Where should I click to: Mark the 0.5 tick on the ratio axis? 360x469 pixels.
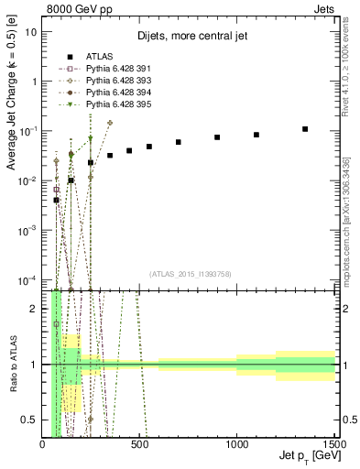click(33, 420)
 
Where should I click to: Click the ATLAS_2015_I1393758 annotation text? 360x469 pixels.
click(190, 274)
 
